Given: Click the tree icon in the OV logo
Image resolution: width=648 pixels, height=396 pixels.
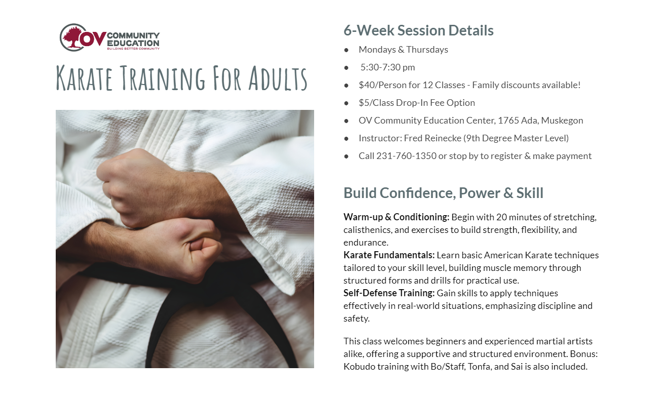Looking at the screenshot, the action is [x=72, y=37].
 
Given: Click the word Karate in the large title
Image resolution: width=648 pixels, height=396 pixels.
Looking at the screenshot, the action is [x=84, y=78].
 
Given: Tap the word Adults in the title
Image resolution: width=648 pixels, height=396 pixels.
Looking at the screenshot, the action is [x=278, y=78].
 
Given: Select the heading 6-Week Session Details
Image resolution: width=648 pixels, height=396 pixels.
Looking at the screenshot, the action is [x=418, y=30].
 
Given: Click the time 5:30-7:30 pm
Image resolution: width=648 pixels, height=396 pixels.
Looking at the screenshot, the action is [x=388, y=67].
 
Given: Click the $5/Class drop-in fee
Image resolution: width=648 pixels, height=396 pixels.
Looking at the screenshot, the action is [x=376, y=103].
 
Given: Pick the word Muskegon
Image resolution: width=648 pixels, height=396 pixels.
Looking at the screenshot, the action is [x=562, y=121].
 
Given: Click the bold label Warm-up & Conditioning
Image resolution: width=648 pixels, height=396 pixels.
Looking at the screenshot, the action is [x=396, y=217].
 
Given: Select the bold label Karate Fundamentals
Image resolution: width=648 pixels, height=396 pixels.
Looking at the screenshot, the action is [x=389, y=255].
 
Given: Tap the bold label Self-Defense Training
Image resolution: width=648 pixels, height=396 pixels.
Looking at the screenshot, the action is [x=389, y=293].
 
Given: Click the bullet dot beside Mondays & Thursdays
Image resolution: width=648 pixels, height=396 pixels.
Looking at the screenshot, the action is [x=346, y=50].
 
